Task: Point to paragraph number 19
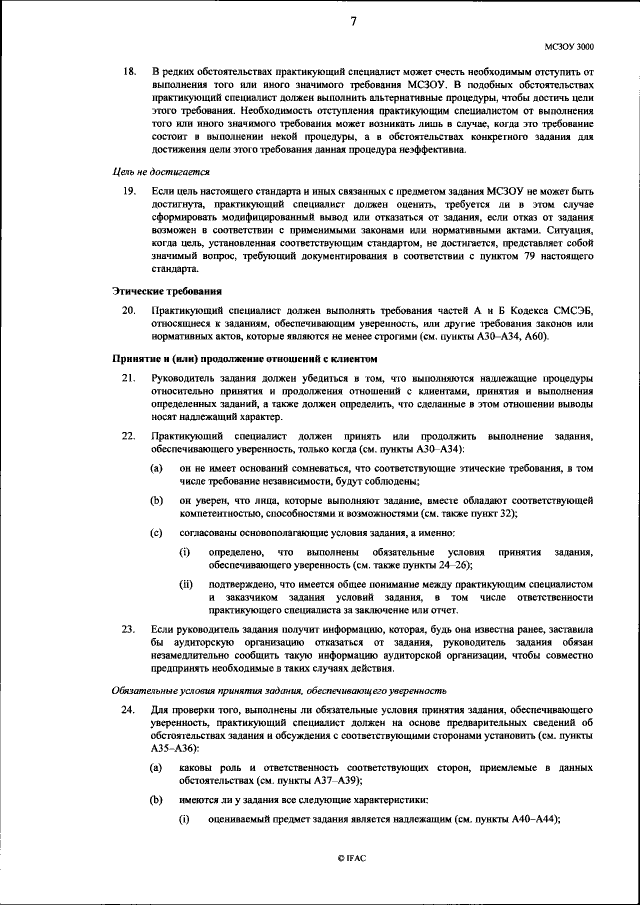pyautogui.click(x=128, y=190)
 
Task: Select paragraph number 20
pyautogui.click(x=128, y=312)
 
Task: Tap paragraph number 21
pyautogui.click(x=128, y=379)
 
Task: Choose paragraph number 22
pyautogui.click(x=128, y=437)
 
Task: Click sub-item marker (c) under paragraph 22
pyautogui.click(x=157, y=532)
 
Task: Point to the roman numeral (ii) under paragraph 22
pyautogui.click(x=186, y=584)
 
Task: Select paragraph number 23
pyautogui.click(x=128, y=630)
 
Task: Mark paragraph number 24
pyautogui.click(x=128, y=710)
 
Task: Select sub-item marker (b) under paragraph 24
pyautogui.click(x=157, y=800)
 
